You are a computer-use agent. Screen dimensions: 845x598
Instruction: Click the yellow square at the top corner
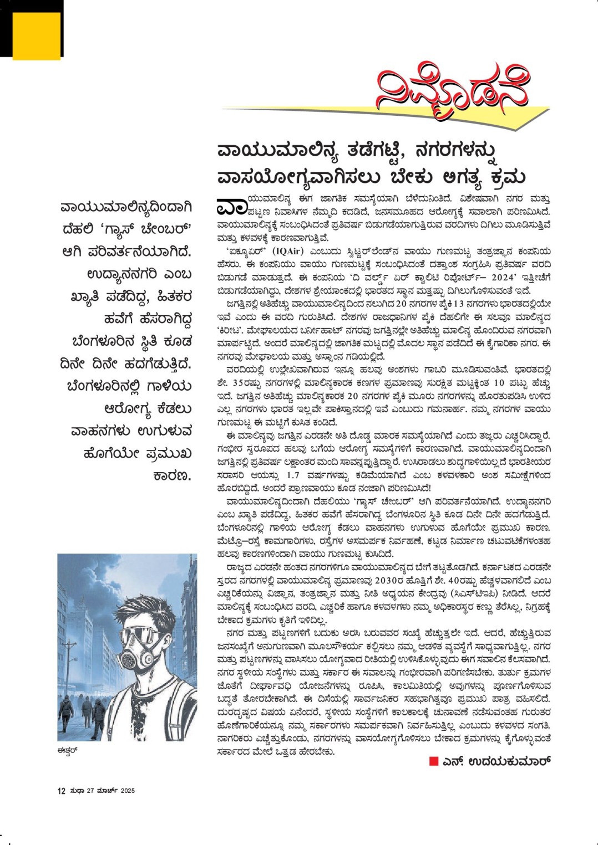tap(36, 35)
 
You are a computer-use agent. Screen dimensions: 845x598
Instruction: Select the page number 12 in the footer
tap(62, 791)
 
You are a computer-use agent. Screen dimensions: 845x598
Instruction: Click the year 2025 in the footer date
tap(128, 791)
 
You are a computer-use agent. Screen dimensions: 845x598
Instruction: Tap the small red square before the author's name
tap(434, 761)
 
